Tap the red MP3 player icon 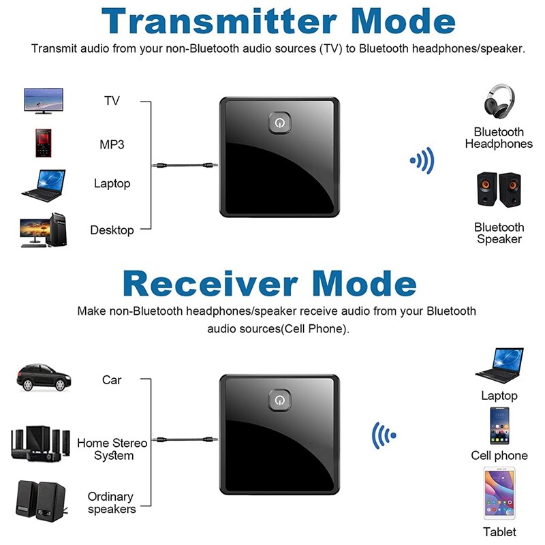pos(43,142)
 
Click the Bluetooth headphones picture pos(499,102)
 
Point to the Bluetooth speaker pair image pos(499,191)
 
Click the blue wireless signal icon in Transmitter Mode pos(422,161)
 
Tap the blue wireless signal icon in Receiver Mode pos(383,434)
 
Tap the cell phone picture pos(499,424)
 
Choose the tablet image pos(499,493)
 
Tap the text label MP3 pos(112,144)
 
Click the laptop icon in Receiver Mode pos(499,367)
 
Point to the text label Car pos(112,380)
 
